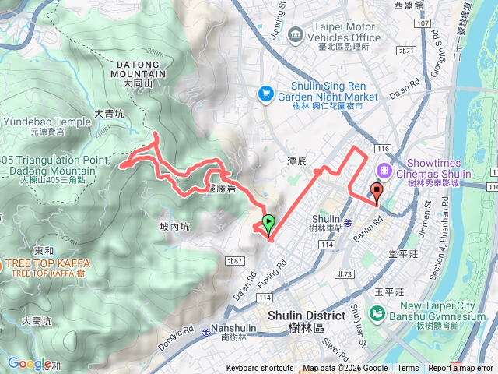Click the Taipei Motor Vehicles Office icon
coord(295,34)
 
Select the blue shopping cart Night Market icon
coord(266,93)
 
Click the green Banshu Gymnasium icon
coord(377,313)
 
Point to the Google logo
coord(29,363)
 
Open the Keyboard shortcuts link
coord(260,369)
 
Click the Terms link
coord(408,369)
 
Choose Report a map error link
coord(461,369)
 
